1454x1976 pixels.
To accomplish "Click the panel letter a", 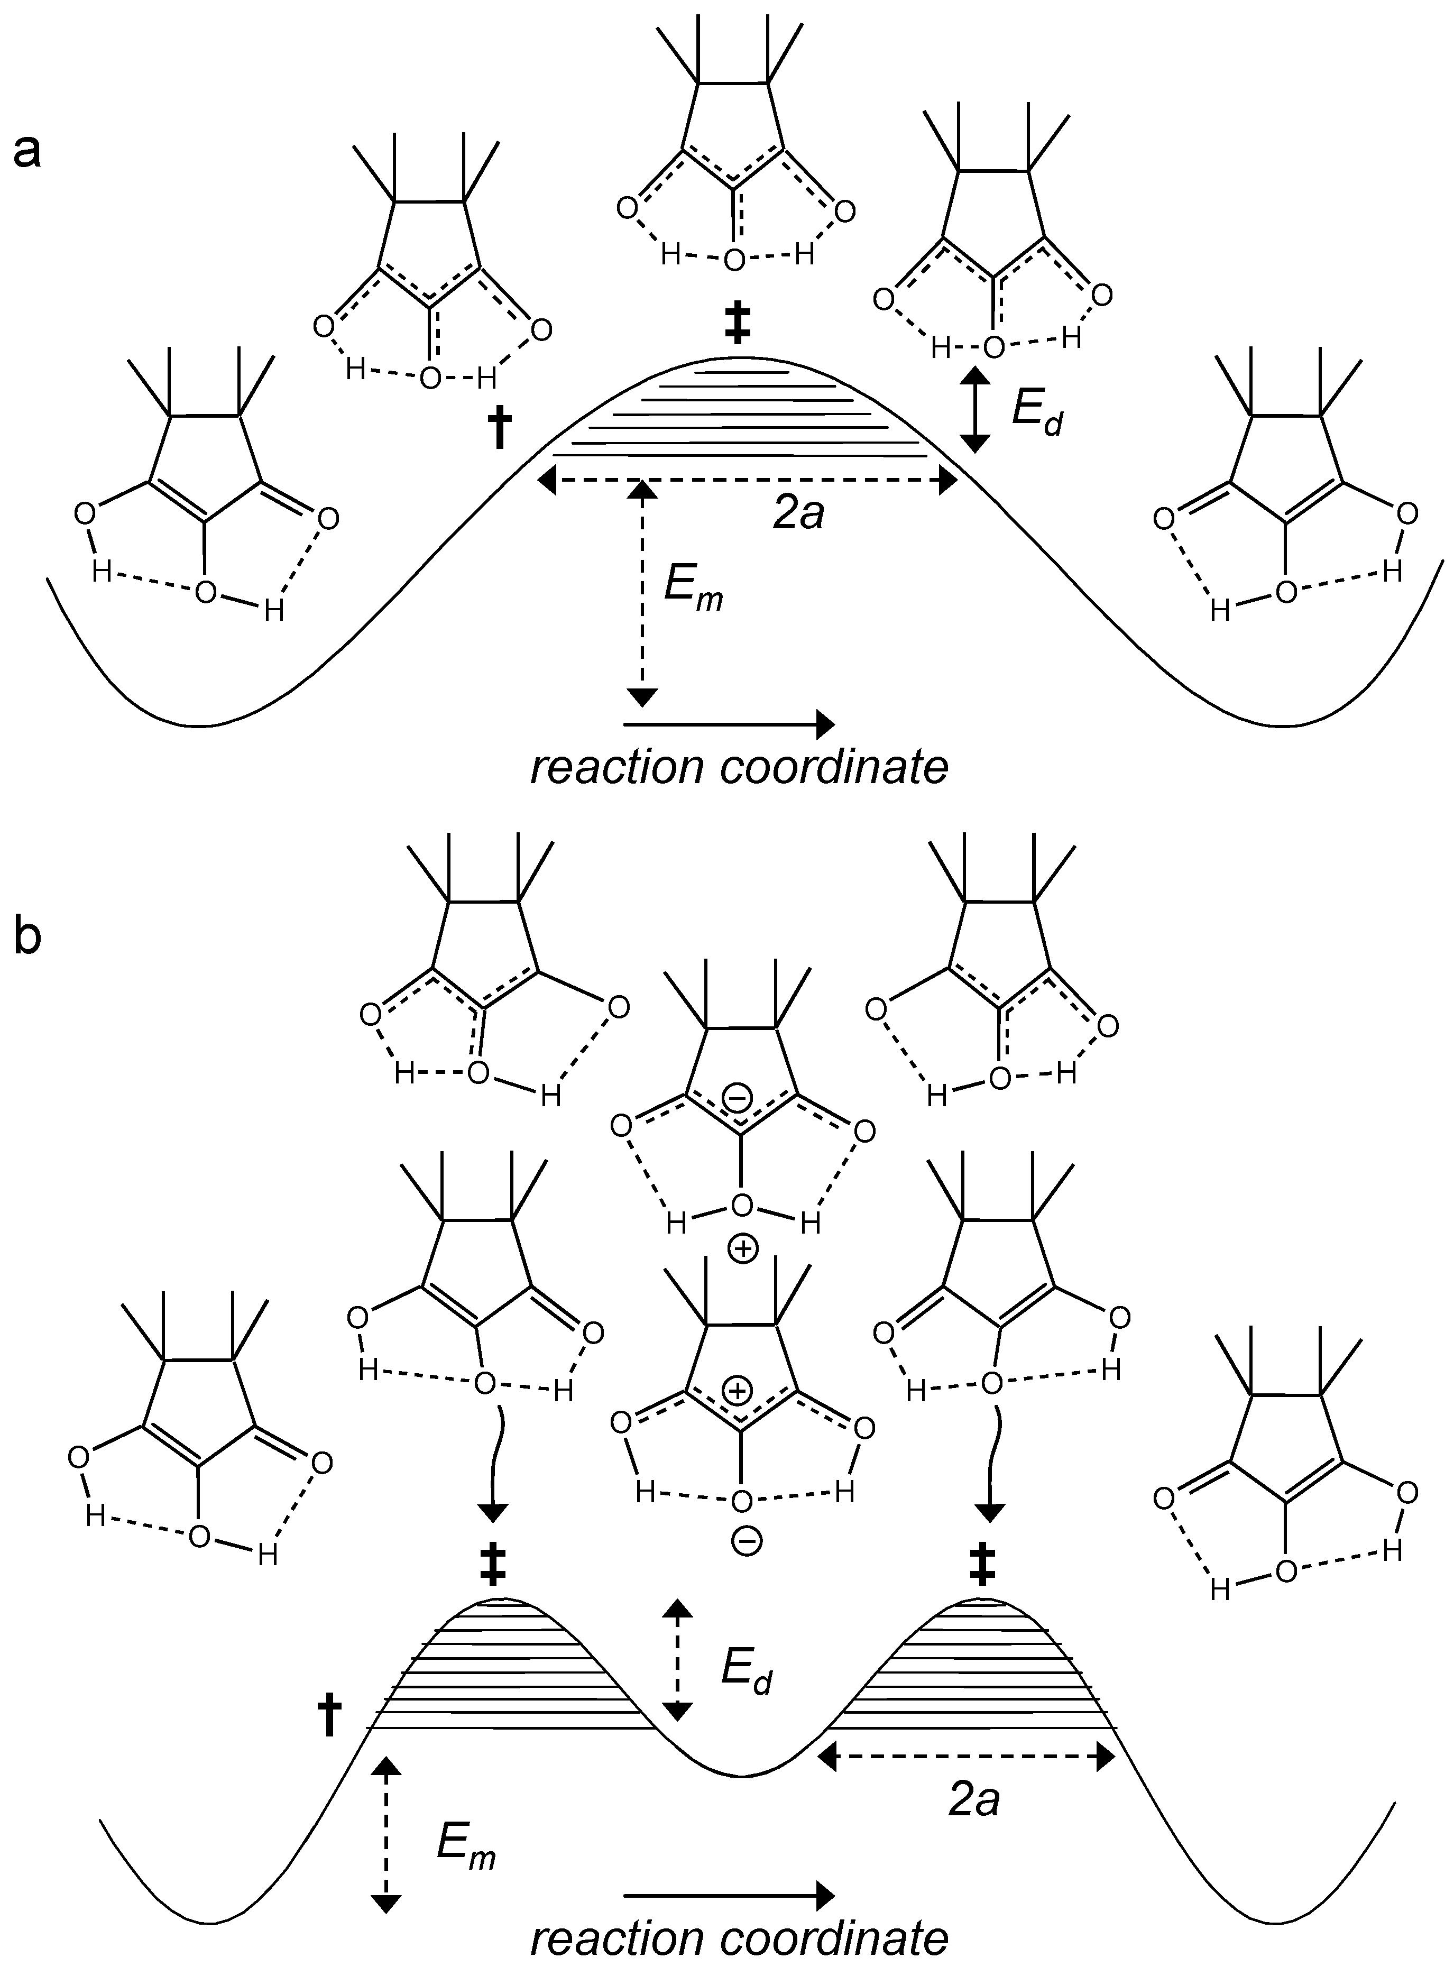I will tap(26, 151).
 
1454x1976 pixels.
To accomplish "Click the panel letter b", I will tap(26, 938).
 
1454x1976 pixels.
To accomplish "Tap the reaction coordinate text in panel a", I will tap(739, 768).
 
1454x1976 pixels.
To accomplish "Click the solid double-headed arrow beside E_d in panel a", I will tap(972, 410).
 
